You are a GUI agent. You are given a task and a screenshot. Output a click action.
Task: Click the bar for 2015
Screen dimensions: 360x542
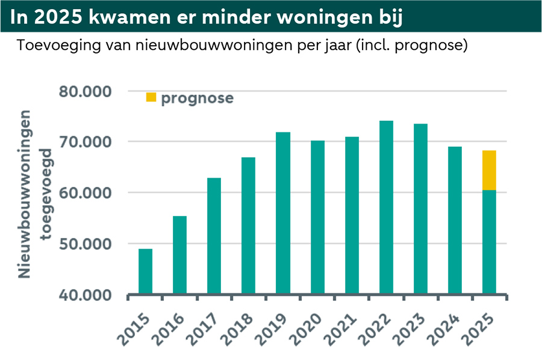pos(145,272)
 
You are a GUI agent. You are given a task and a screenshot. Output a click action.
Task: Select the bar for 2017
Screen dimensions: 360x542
pos(214,236)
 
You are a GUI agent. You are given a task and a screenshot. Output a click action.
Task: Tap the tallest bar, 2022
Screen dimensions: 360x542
pos(386,208)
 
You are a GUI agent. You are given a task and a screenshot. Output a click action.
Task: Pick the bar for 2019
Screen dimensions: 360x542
pos(283,213)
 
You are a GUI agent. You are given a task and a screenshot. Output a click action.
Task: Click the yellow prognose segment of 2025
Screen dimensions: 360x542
pos(489,170)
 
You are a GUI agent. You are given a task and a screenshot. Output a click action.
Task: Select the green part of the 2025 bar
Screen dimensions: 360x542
pos(489,242)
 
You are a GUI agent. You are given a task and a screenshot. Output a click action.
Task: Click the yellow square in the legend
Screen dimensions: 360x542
pos(151,98)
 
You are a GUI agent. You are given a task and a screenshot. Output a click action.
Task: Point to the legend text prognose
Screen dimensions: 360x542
pos(197,98)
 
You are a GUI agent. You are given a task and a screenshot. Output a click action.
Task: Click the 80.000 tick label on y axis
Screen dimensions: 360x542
pos(86,92)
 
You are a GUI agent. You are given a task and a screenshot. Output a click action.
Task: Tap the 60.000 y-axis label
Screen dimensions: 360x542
pos(86,193)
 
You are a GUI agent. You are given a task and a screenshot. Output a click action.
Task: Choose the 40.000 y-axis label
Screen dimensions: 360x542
pos(86,295)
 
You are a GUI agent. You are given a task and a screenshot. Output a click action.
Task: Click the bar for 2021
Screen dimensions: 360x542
pos(352,216)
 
